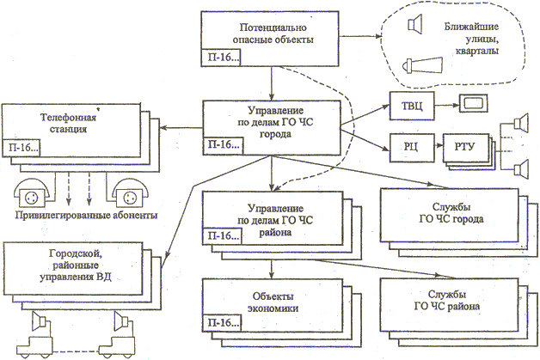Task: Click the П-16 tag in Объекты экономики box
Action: pyautogui.click(x=221, y=322)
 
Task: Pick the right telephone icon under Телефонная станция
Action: pyautogui.click(x=125, y=189)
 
